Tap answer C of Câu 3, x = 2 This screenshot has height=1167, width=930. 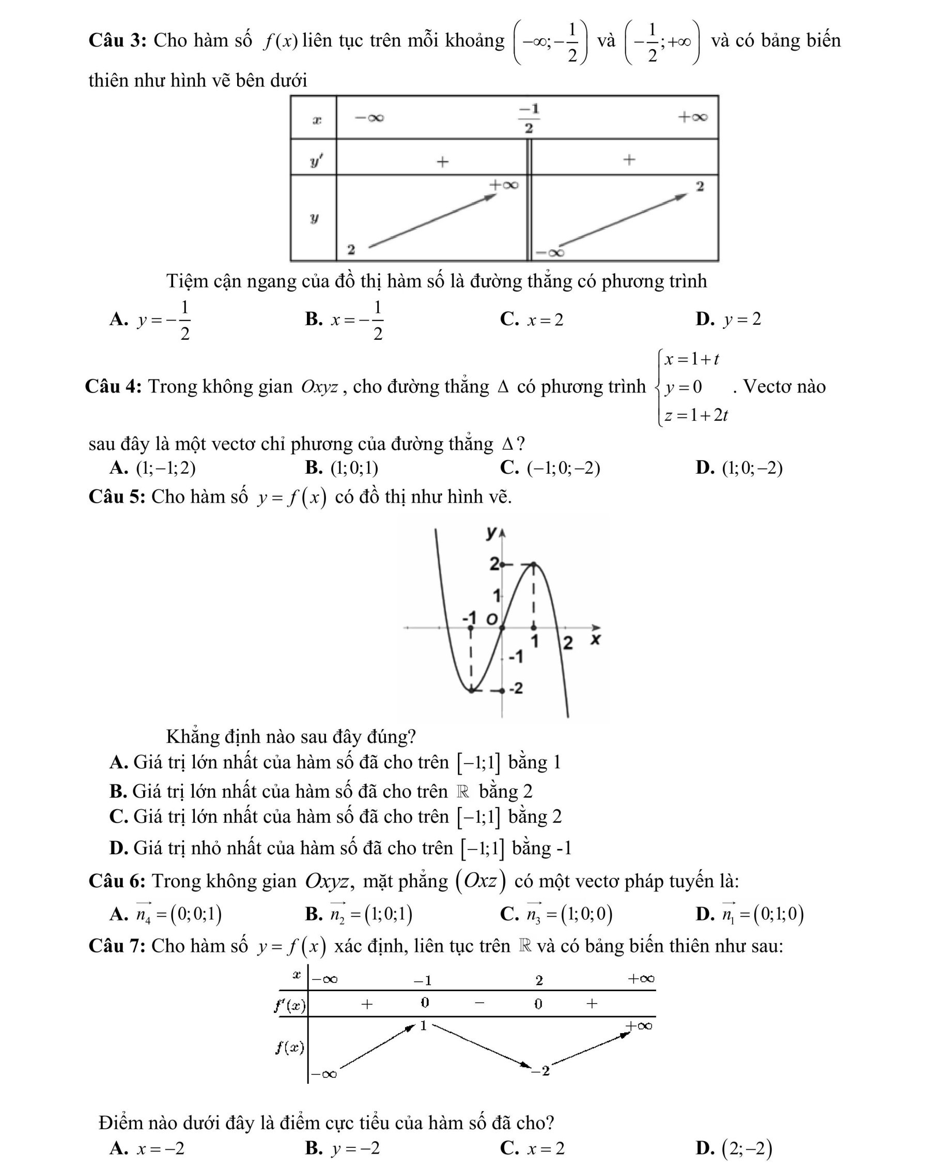coord(532,320)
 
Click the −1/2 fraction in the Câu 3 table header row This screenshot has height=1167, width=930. coord(529,118)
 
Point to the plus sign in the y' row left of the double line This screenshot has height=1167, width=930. coord(443,161)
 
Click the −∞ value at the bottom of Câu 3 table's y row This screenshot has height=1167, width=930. coord(550,252)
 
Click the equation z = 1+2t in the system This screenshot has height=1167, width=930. coord(696,415)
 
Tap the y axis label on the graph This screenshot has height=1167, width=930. coord(491,533)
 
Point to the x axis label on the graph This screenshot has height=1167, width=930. coord(595,639)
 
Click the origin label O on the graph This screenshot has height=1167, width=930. coord(491,619)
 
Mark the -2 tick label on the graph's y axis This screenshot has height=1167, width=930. coord(516,689)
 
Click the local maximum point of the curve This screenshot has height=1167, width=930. coord(533,565)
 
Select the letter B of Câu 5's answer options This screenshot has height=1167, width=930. coord(118,791)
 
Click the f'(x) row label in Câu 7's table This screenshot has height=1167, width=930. coord(290,1006)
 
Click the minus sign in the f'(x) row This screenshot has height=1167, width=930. coord(479,1003)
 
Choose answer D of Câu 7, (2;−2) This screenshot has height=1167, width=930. coord(734,1148)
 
